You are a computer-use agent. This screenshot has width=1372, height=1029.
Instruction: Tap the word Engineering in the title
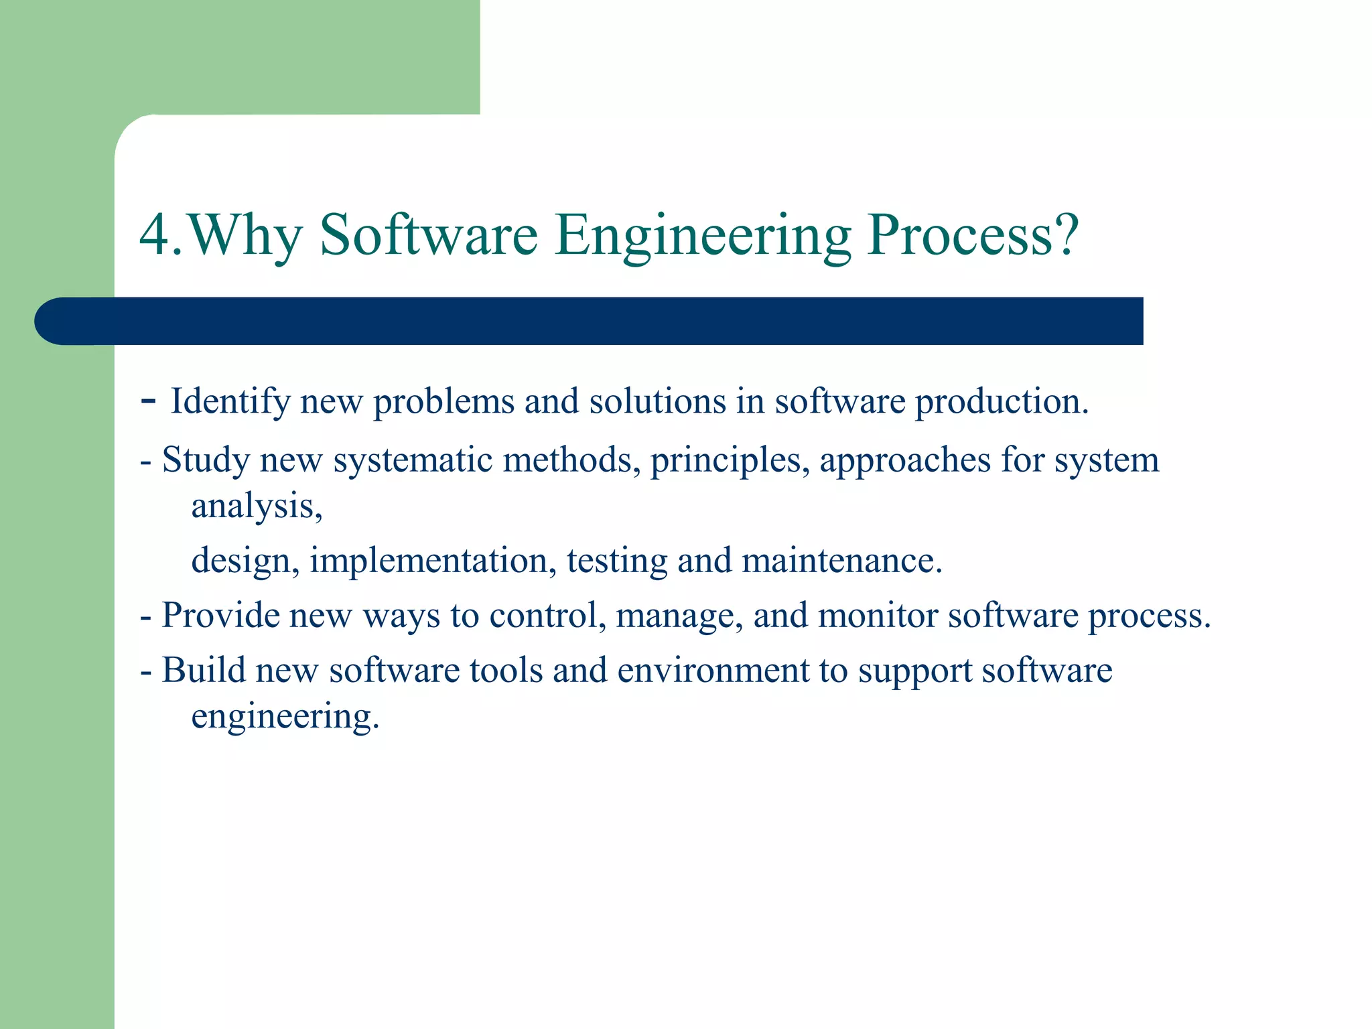click(x=703, y=236)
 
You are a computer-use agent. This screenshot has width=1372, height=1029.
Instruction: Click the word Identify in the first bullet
click(x=230, y=402)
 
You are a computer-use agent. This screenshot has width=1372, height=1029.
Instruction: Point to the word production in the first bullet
click(x=1001, y=402)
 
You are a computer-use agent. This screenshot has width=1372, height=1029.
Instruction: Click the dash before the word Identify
click(x=149, y=401)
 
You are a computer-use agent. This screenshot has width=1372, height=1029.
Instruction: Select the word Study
click(x=206, y=461)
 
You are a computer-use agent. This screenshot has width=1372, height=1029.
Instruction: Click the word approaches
click(x=904, y=461)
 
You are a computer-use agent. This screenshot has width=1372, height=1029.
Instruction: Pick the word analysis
click(x=256, y=506)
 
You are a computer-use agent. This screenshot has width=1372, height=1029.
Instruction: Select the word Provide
click(x=220, y=615)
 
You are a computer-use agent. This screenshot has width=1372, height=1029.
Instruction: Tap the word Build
click(x=204, y=670)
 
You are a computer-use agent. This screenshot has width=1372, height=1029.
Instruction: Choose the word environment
click(x=713, y=670)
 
